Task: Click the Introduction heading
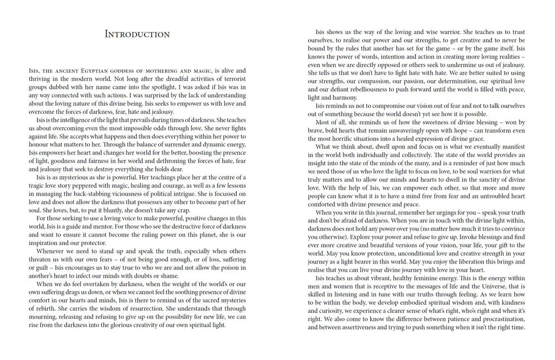click(x=138, y=34)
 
